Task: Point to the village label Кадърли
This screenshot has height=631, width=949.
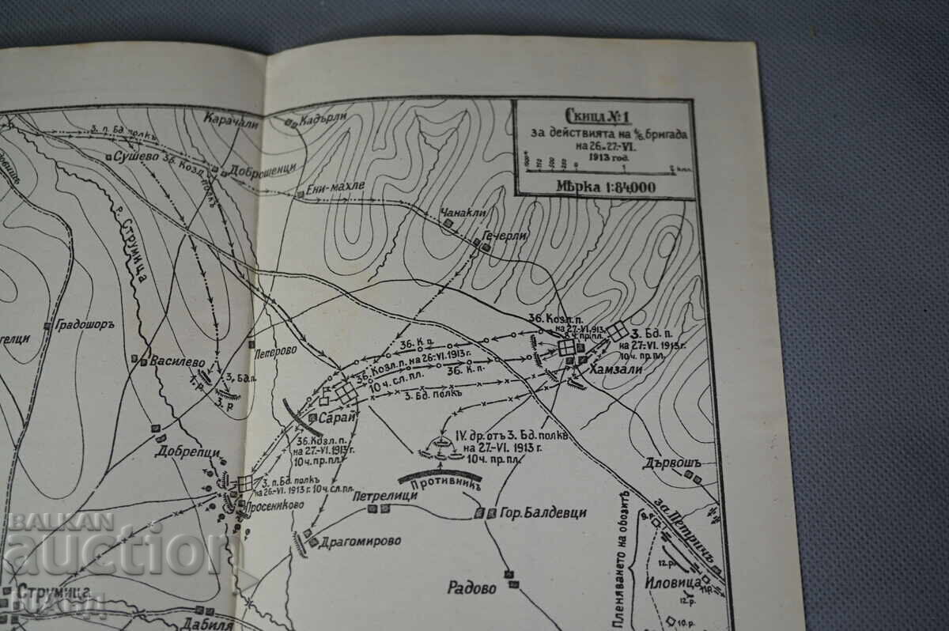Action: (327, 119)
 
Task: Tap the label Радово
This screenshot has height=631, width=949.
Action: (471, 588)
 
